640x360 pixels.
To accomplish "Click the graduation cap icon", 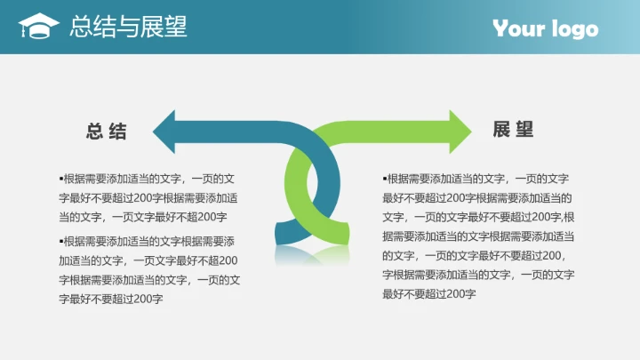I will click(x=39, y=27).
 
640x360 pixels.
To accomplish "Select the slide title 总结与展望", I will click(x=128, y=27).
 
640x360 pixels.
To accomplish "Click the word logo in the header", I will click(x=573, y=30).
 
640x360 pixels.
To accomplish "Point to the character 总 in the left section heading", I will click(x=94, y=132).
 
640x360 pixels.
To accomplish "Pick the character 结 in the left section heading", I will click(x=117, y=132).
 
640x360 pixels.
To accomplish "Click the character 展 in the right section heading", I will click(x=502, y=130).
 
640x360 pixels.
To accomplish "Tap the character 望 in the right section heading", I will click(x=525, y=130).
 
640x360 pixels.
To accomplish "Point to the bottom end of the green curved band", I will click(x=339, y=234).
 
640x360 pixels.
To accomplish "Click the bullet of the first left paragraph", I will click(x=61, y=178).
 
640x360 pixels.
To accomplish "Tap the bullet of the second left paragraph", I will click(x=61, y=240).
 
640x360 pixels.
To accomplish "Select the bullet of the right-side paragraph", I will click(x=385, y=178).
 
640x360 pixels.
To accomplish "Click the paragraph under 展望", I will click(x=477, y=236).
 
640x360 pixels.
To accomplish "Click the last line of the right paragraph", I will click(x=429, y=294).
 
